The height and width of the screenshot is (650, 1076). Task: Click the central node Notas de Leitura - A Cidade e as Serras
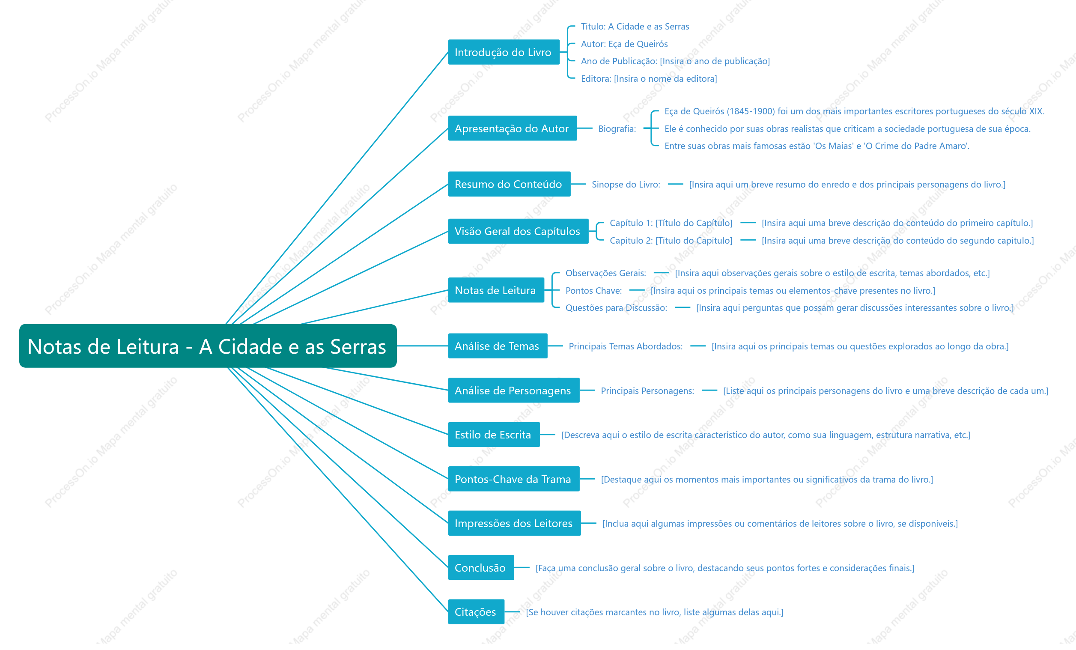click(x=208, y=346)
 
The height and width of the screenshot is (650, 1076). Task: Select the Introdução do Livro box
click(x=504, y=52)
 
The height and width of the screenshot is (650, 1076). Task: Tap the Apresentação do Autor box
click(x=512, y=128)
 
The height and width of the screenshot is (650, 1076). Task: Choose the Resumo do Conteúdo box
click(x=509, y=184)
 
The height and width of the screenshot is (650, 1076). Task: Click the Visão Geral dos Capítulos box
click(x=518, y=231)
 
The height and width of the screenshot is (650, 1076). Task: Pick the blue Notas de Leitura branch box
click(x=496, y=290)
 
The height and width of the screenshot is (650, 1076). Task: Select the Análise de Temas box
click(x=498, y=346)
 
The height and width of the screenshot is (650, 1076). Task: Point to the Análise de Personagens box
click(x=513, y=390)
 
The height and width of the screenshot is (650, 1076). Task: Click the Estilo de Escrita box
click(x=494, y=435)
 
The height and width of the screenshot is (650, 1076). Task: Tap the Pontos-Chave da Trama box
click(x=513, y=479)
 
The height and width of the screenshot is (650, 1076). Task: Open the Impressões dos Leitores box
click(x=514, y=523)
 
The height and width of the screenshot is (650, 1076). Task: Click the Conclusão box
click(x=481, y=567)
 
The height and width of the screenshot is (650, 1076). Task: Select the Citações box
click(x=476, y=611)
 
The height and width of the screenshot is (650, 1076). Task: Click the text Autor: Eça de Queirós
click(x=624, y=44)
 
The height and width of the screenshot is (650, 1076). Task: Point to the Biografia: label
click(x=617, y=128)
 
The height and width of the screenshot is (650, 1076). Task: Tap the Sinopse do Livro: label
click(x=626, y=185)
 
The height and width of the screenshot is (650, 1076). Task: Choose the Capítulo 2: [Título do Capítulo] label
click(x=671, y=240)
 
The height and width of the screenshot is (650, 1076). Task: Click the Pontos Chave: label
click(x=593, y=290)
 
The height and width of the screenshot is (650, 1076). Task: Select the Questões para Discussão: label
click(x=616, y=308)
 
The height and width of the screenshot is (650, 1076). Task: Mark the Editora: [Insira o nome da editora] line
click(x=649, y=79)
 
